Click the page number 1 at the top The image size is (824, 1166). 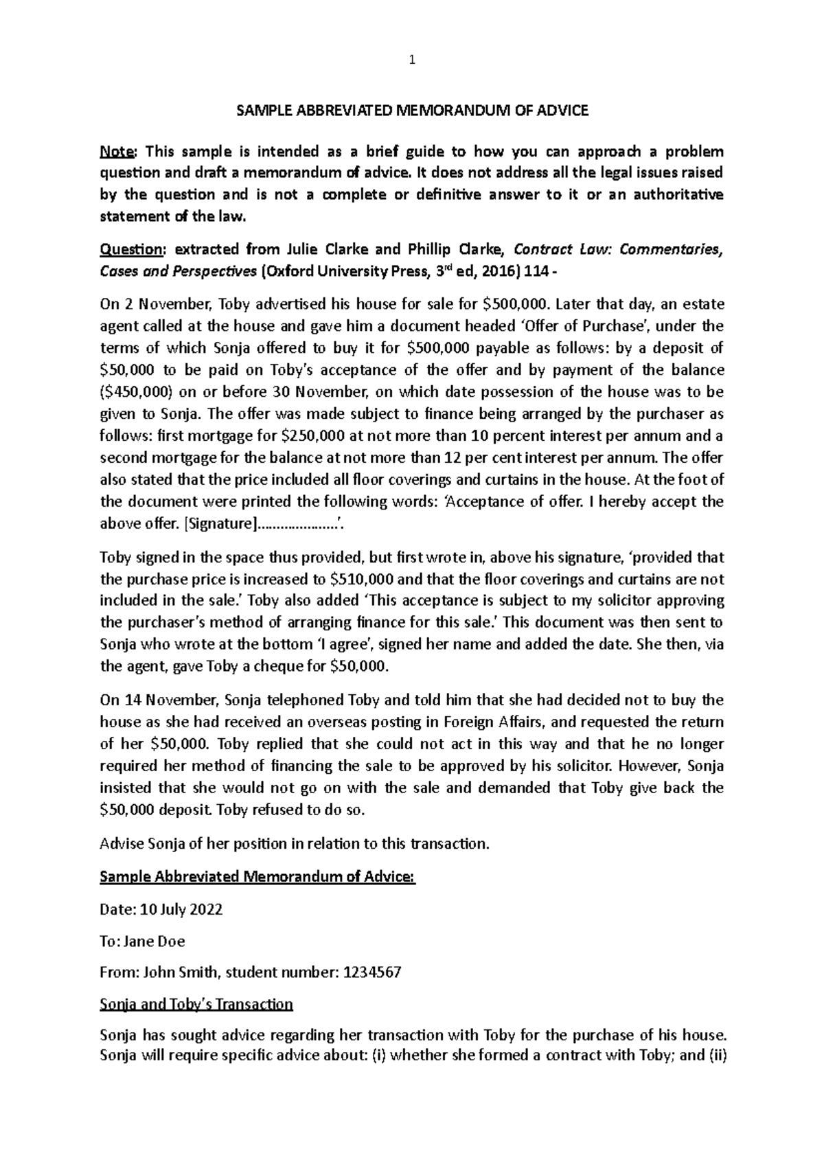pyautogui.click(x=411, y=60)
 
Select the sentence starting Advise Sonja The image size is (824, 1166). pyautogui.click(x=295, y=844)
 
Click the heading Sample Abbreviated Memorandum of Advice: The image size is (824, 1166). pyautogui.click(x=257, y=877)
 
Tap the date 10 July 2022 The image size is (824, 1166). pyautogui.click(x=181, y=910)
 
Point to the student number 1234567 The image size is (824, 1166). pyautogui.click(x=370, y=972)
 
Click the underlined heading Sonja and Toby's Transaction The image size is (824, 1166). pyautogui.click(x=196, y=1005)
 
